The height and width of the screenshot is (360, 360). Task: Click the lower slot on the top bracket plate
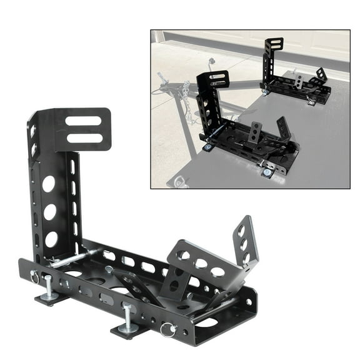pyautogui.click(x=85, y=137)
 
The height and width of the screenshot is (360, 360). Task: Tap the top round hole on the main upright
pyautogui.click(x=48, y=184)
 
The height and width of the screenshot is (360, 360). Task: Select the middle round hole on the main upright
pyautogui.click(x=50, y=212)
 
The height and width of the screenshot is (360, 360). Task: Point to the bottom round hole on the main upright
pyautogui.click(x=51, y=239)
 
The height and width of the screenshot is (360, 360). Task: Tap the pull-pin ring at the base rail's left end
pyautogui.click(x=34, y=277)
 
